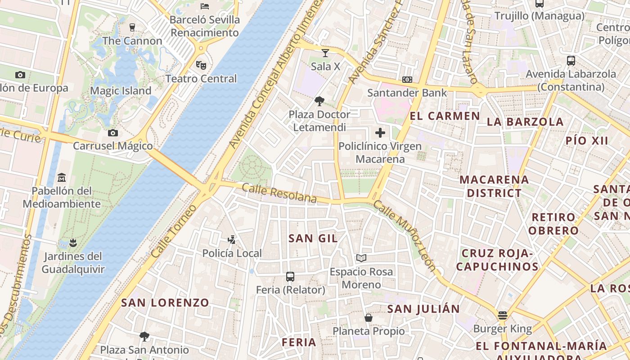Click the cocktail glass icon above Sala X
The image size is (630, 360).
[x=325, y=53]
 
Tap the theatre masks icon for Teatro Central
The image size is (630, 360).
[x=201, y=65]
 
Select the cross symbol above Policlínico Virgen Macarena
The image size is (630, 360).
[x=380, y=133]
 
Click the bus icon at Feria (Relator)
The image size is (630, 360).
[x=290, y=277]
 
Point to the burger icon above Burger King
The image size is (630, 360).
[x=503, y=315]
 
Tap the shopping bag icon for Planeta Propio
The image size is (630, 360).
[x=369, y=318]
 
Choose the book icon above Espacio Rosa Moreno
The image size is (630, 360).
[x=361, y=258]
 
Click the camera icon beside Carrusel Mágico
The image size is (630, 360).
[x=113, y=133]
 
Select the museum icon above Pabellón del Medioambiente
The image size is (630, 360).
[x=62, y=178]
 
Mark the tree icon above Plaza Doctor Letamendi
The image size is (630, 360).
[x=319, y=101]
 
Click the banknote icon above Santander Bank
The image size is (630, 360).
[x=407, y=80]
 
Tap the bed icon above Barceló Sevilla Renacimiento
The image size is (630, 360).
[x=205, y=6]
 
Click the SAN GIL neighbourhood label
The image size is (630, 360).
[x=313, y=238]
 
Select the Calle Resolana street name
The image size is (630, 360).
[x=279, y=193]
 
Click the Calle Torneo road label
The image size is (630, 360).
[x=174, y=231]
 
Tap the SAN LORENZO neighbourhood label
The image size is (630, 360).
[x=165, y=303]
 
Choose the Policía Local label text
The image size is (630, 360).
[x=232, y=253]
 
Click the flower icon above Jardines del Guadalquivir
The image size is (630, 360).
[x=73, y=243]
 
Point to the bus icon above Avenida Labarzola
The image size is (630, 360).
[x=571, y=61]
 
